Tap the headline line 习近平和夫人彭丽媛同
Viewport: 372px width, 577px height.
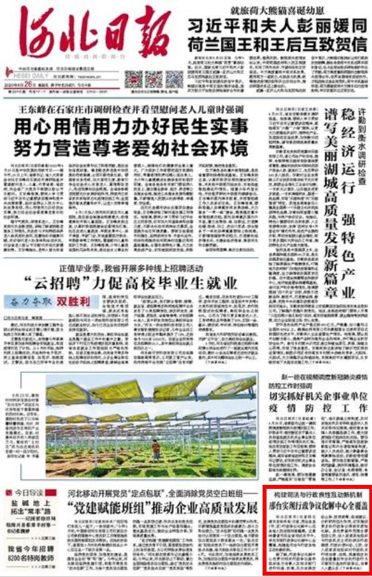point(277,26)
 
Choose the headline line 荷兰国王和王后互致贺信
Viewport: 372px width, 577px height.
point(277,45)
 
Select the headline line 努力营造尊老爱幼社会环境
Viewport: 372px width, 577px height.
point(131,146)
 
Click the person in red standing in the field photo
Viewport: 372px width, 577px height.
point(156,449)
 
